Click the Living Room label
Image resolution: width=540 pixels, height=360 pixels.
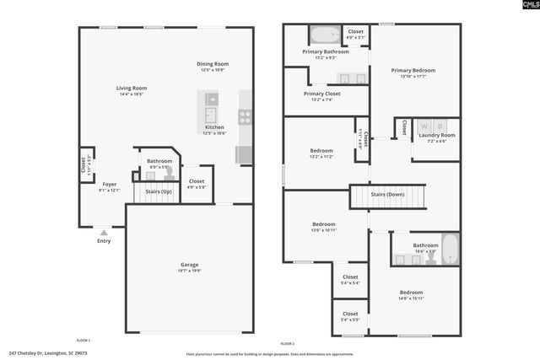(x=132, y=88)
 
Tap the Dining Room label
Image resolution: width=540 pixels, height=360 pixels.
(x=213, y=64)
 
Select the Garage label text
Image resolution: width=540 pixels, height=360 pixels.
(x=189, y=265)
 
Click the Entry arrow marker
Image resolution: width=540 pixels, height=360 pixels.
(x=103, y=231)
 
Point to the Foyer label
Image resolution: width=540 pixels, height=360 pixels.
(x=110, y=184)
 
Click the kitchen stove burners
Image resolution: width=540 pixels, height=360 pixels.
(x=245, y=117)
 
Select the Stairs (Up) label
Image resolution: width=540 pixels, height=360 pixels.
(x=159, y=191)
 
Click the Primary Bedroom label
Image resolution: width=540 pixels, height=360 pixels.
(x=413, y=71)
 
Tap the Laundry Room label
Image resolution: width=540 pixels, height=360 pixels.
(x=436, y=135)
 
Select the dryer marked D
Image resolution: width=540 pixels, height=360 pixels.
(x=440, y=126)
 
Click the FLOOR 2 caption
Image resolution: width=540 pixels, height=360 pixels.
(x=288, y=344)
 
